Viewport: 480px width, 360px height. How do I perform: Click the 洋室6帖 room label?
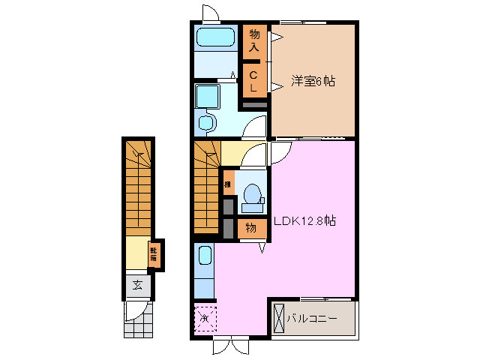312,81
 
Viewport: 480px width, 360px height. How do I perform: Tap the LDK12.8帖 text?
304,221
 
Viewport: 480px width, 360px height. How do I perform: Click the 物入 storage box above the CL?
254,41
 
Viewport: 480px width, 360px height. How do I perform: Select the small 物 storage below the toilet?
252,228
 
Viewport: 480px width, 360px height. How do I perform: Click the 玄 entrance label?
138,284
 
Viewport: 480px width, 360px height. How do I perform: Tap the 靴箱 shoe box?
154,253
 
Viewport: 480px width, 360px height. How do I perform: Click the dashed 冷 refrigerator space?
205,318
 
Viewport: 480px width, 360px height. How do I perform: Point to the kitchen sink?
205,259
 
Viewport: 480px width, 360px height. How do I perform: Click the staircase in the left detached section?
138,187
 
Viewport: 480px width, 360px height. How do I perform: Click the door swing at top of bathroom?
210,13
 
